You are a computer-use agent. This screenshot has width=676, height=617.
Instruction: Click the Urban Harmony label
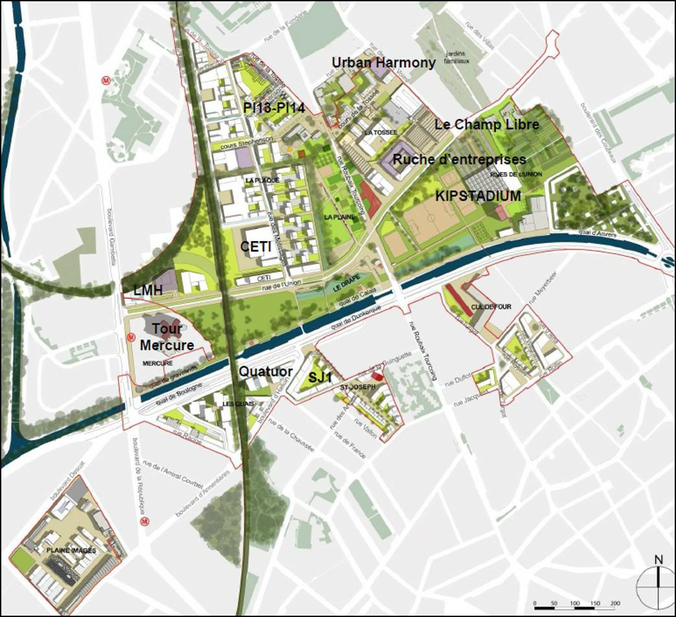click(x=383, y=63)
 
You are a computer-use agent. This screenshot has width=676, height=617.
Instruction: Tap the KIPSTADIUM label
click(x=479, y=195)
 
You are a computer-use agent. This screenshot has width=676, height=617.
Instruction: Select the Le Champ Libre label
click(x=486, y=124)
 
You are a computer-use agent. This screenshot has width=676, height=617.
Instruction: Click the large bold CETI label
click(x=255, y=246)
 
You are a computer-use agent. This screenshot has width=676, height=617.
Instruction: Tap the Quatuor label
click(x=265, y=372)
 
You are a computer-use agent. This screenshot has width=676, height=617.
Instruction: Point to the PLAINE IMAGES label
click(x=71, y=550)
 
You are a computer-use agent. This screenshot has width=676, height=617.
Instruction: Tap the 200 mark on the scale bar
click(x=614, y=603)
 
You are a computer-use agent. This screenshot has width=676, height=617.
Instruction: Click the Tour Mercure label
click(x=166, y=337)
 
